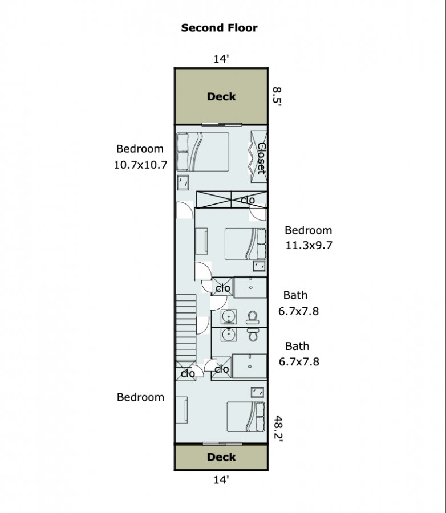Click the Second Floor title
point(219,28)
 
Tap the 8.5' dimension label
point(277,96)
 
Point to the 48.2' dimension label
point(278,428)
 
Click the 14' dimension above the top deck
point(221,59)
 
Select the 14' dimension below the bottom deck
point(221,479)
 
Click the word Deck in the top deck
point(221,96)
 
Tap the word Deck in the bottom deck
point(221,457)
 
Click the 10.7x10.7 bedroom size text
point(140,165)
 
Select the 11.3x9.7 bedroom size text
point(309,245)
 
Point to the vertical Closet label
point(261,158)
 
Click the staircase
point(186,328)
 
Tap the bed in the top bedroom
point(202,152)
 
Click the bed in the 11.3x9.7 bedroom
point(245,244)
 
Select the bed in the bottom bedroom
point(246,417)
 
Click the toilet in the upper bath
point(253,317)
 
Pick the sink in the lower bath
point(228,334)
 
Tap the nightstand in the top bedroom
point(183,182)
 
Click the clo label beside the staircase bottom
point(188,373)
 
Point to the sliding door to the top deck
point(222,124)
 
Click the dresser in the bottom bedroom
point(182,410)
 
